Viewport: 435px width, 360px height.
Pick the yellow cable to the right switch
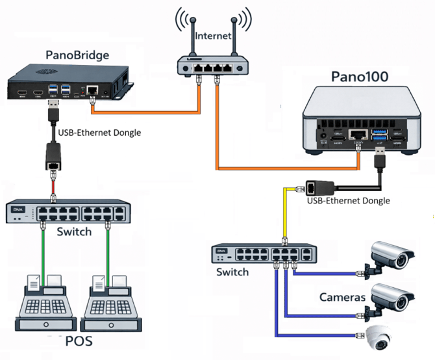coord(285,214)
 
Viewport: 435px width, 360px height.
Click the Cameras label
coord(343,298)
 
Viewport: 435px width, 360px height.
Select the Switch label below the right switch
coord(232,272)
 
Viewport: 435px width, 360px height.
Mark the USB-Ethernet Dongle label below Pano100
coord(348,201)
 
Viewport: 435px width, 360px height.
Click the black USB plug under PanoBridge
coord(53,107)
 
